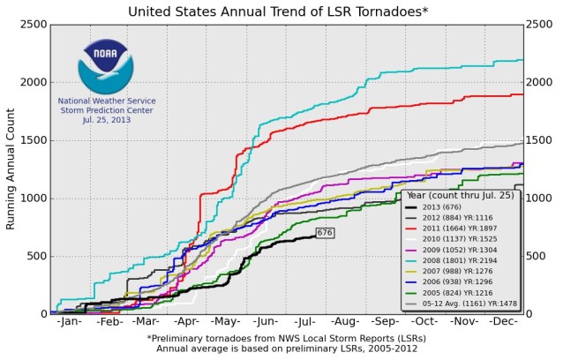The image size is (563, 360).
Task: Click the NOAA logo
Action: tap(105, 66)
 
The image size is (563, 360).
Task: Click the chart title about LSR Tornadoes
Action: tap(281, 11)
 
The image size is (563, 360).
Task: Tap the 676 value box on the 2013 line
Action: tap(325, 233)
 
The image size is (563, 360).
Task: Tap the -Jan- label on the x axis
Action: tap(70, 323)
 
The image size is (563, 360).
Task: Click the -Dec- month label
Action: tap(503, 323)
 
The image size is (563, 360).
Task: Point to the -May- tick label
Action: tap(227, 323)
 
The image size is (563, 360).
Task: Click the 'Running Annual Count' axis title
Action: tap(11, 169)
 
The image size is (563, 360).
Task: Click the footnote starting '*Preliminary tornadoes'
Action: tap(281, 338)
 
